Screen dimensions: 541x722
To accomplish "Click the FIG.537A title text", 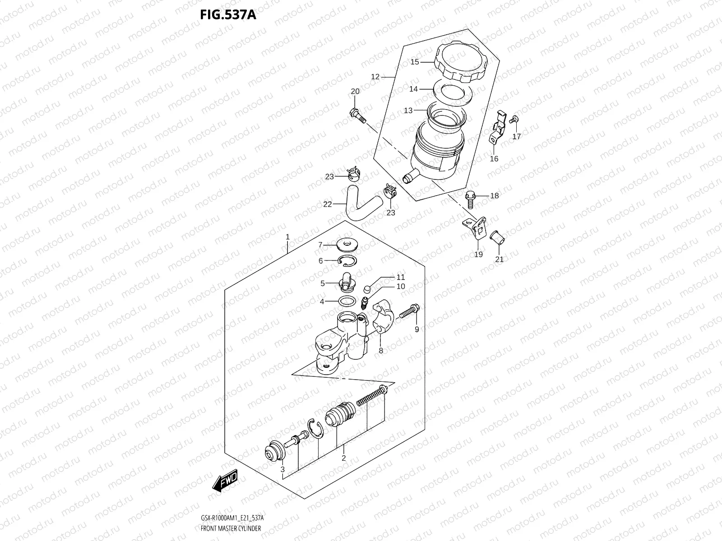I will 228,15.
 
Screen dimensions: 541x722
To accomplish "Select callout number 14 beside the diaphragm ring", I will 413,89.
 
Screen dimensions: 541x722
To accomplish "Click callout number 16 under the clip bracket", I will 494,159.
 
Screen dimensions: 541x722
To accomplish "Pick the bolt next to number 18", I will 470,199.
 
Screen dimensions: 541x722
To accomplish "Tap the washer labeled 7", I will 347,245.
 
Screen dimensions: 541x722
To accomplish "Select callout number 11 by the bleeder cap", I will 401,277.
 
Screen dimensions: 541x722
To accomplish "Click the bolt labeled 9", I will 409,311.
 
